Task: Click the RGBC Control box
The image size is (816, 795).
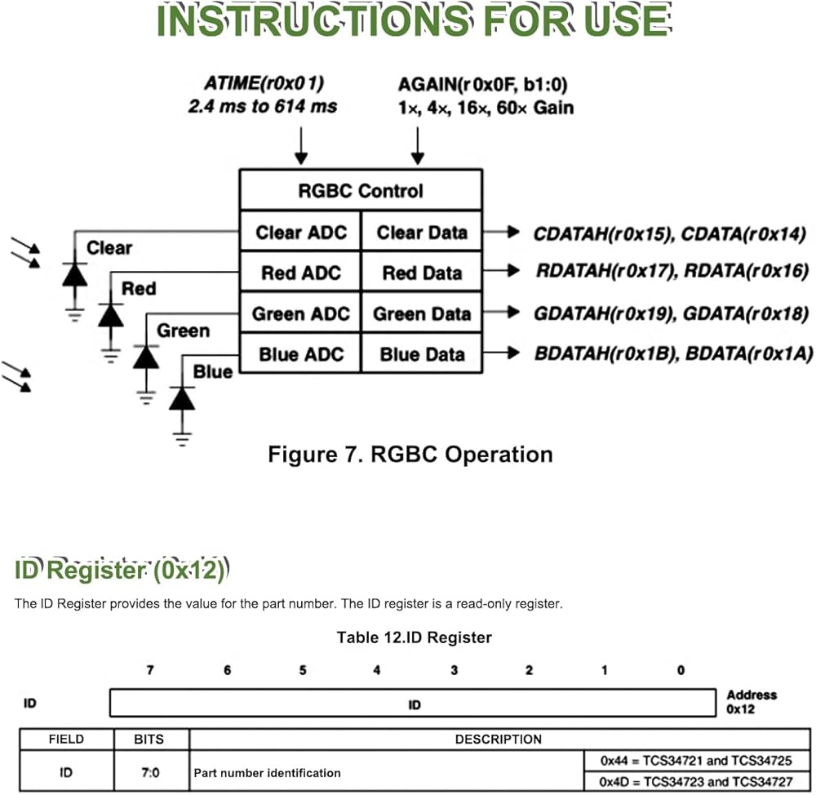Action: [360, 191]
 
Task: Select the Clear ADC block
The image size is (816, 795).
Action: [299, 233]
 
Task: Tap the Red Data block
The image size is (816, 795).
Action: [422, 273]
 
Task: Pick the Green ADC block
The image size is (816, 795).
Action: [299, 314]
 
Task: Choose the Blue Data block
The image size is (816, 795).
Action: [422, 354]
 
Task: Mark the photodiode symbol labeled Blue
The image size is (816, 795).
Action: [182, 398]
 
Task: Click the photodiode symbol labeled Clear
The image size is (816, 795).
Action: [75, 274]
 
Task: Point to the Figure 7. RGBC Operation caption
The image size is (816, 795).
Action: [410, 454]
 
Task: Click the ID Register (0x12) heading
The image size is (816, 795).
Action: [119, 571]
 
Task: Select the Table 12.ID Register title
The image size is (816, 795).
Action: [414, 637]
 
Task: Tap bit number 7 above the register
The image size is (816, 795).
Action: [149, 670]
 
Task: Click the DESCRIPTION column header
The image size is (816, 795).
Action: [498, 739]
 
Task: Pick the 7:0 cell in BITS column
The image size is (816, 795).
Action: [149, 771]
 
